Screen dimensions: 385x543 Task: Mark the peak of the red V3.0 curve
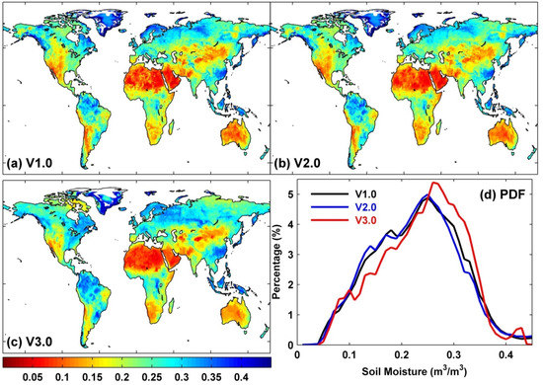click(432, 183)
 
